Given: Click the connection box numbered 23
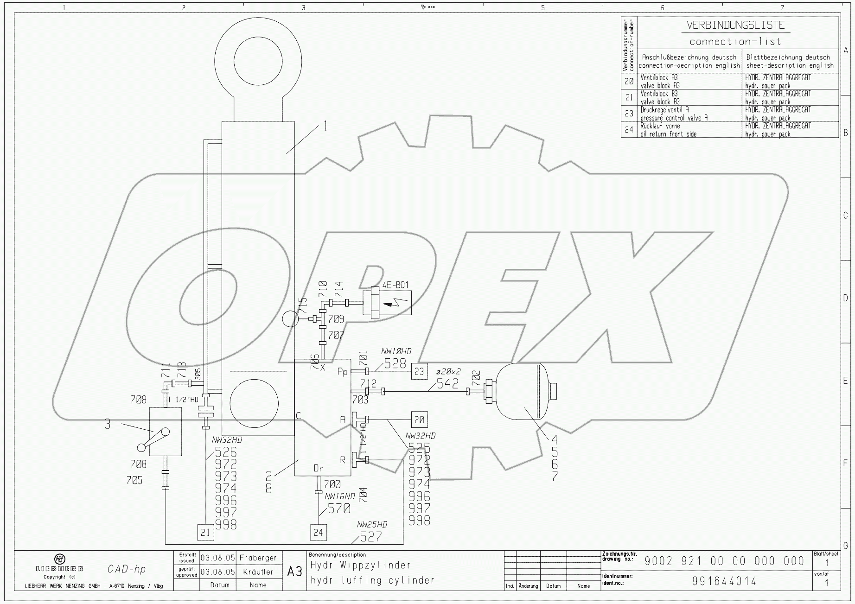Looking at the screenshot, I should pyautogui.click(x=419, y=371).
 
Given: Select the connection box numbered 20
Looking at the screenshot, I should pyautogui.click(x=419, y=420).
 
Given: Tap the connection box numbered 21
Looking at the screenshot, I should pyautogui.click(x=205, y=533).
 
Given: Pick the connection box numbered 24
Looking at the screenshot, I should pyautogui.click(x=318, y=532).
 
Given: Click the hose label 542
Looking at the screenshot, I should pyautogui.click(x=447, y=383).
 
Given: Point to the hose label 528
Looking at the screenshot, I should pyautogui.click(x=395, y=364).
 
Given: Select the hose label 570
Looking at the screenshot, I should pyautogui.click(x=339, y=509).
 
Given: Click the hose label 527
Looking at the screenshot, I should pyautogui.click(x=371, y=536).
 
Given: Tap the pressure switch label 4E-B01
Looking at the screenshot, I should pyautogui.click(x=396, y=285).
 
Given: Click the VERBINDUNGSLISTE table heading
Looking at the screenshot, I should pyautogui.click(x=735, y=25).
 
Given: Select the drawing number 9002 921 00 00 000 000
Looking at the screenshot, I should pyautogui.click(x=724, y=561).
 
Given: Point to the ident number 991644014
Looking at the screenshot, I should pyautogui.click(x=724, y=581).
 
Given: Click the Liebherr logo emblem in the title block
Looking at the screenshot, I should pyautogui.click(x=60, y=559).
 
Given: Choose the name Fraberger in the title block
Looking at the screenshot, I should pyautogui.click(x=258, y=558).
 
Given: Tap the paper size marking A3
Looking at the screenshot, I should pyautogui.click(x=294, y=572).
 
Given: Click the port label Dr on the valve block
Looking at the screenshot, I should pyautogui.click(x=318, y=468).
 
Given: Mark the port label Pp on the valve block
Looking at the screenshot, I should pyautogui.click(x=342, y=372).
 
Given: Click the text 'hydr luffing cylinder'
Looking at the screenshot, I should pyautogui.click(x=372, y=580).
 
